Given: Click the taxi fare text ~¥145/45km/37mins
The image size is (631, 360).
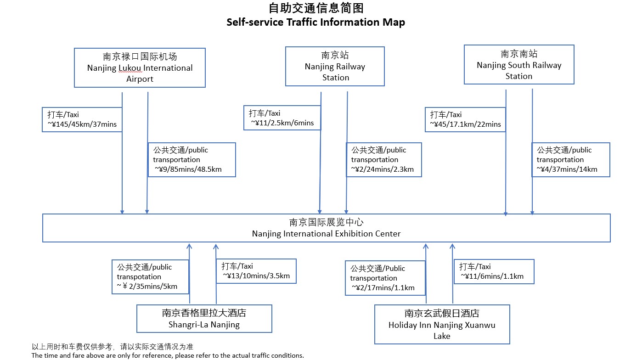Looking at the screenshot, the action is point(82,124).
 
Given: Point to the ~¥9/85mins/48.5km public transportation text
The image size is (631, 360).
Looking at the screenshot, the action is point(188,169).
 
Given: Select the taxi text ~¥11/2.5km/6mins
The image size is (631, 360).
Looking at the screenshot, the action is point(282,123).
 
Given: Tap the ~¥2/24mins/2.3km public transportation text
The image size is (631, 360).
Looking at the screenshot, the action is point(382,169).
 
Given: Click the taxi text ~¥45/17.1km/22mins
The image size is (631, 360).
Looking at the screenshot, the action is point(465,124).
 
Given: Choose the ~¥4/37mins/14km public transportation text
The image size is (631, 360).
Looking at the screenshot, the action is point(567,169).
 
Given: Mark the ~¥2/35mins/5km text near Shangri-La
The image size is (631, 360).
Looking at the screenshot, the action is point(147,286).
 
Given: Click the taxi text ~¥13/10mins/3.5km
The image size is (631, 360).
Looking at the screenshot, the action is point(256,276).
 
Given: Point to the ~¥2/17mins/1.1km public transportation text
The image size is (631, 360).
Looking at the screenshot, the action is point(383,287).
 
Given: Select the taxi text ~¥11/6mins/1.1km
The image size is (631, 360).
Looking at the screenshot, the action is point(492,276).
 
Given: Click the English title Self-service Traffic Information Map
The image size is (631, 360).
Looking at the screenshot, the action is point(316,22).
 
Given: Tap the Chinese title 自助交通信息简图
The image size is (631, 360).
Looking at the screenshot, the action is point(316,8).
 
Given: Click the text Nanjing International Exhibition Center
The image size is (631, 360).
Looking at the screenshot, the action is point(326,234).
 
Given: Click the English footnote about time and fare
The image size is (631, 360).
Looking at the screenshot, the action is point(168,355).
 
